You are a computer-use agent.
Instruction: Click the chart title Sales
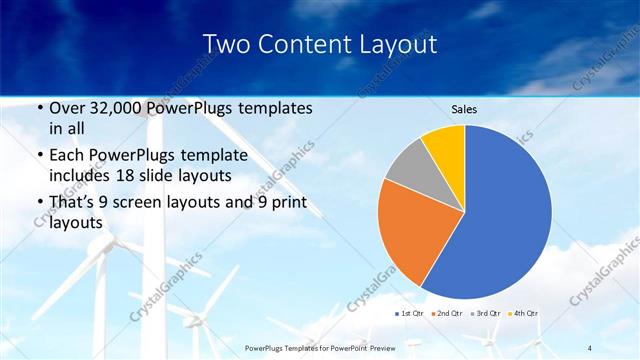click(464, 108)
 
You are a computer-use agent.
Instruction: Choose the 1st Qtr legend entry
click(411, 314)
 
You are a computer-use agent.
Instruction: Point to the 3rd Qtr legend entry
click(487, 314)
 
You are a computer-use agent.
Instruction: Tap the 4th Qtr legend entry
click(525, 314)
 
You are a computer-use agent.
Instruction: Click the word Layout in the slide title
click(398, 44)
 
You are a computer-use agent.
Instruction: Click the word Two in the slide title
click(226, 44)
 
